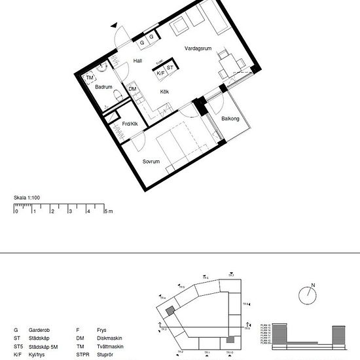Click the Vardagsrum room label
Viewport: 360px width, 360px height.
point(197,48)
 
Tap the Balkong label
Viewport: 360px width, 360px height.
point(230,118)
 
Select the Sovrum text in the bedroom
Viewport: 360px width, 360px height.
point(151,161)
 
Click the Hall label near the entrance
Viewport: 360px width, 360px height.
point(137,61)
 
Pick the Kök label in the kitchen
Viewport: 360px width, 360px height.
point(165,92)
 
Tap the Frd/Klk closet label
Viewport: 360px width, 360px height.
point(130,123)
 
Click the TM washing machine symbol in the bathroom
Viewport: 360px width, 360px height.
point(90,79)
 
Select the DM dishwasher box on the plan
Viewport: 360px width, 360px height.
point(132,89)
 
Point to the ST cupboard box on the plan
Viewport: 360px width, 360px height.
point(170,67)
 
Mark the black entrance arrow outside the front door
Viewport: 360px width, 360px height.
point(116,26)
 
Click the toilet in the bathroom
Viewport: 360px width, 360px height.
point(117,98)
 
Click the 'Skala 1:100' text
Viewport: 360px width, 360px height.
point(27,196)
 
